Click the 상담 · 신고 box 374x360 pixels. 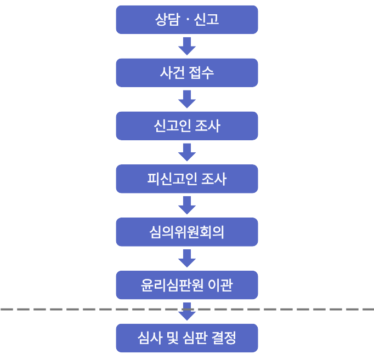pyautogui.click(x=186, y=20)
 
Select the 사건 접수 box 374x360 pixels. pyautogui.click(x=186, y=73)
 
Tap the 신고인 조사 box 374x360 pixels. pyautogui.click(x=186, y=126)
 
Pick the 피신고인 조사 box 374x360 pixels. pyautogui.click(x=186, y=179)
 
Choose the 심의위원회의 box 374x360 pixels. pyautogui.click(x=186, y=232)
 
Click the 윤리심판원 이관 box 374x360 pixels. pyautogui.click(x=186, y=285)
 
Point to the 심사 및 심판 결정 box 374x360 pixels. pyautogui.click(x=186, y=338)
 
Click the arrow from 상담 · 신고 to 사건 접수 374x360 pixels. pyautogui.click(x=187, y=46)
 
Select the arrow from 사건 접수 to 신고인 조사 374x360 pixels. pyautogui.click(x=187, y=99)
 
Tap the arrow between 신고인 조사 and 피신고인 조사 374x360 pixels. pyautogui.click(x=187, y=152)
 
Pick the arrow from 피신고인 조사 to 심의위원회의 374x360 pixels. pyautogui.click(x=187, y=205)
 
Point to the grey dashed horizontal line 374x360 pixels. pyautogui.click(x=82, y=309)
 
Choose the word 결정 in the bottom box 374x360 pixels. pyautogui.click(x=224, y=338)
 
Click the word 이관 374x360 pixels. pyautogui.click(x=221, y=285)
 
